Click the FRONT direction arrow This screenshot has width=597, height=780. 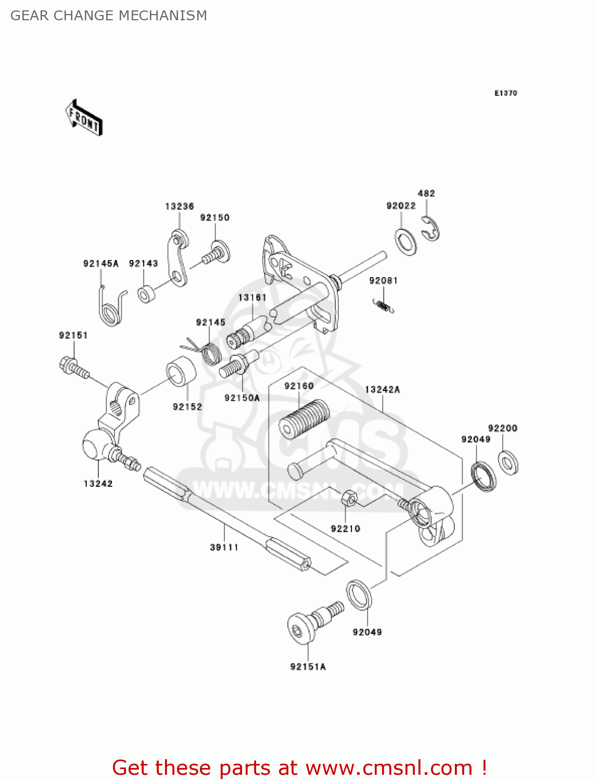[84, 118]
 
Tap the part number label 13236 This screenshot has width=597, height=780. [179, 206]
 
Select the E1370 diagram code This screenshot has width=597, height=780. [505, 93]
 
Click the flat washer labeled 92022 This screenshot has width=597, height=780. [406, 242]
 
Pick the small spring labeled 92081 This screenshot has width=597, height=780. [384, 306]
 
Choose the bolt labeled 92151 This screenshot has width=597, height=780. [74, 367]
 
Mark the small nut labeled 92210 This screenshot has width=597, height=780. [349, 499]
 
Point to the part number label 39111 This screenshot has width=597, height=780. [224, 547]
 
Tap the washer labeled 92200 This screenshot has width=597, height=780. [507, 462]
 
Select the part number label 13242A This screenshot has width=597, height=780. [382, 389]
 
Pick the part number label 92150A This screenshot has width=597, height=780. [242, 398]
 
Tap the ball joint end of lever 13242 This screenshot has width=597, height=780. [95, 446]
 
